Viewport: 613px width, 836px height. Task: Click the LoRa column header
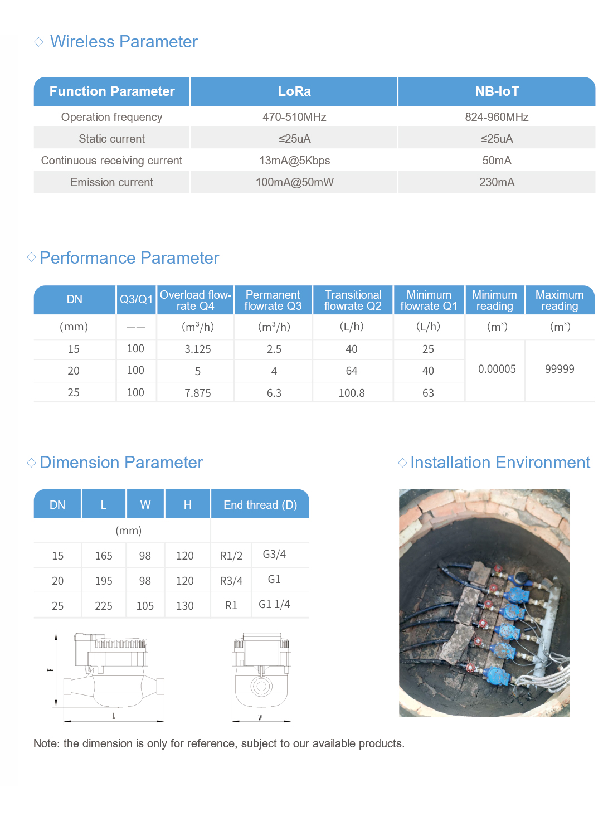294,91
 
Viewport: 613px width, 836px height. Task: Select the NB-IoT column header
497,91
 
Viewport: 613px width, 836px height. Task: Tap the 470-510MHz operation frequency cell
294,117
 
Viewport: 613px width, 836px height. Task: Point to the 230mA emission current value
497,182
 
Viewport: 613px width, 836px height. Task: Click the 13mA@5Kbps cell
294,161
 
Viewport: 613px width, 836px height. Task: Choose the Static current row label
111,139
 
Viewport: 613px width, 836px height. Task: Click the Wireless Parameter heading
124,42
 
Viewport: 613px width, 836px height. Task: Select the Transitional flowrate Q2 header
353,300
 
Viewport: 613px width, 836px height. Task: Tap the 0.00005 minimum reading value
497,369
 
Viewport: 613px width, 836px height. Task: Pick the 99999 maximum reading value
560,369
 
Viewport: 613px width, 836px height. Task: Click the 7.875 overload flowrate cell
198,393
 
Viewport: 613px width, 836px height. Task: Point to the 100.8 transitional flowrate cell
352,393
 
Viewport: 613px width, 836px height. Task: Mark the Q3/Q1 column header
136,299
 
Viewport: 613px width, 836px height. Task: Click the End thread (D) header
260,505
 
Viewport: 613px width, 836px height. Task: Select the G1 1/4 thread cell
274,604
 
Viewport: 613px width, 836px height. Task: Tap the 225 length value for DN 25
104,606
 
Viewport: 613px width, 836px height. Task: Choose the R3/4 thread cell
231,581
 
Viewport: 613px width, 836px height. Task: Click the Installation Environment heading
500,463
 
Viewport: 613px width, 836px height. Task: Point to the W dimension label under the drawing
260,718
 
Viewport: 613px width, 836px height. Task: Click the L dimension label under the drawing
114,716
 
